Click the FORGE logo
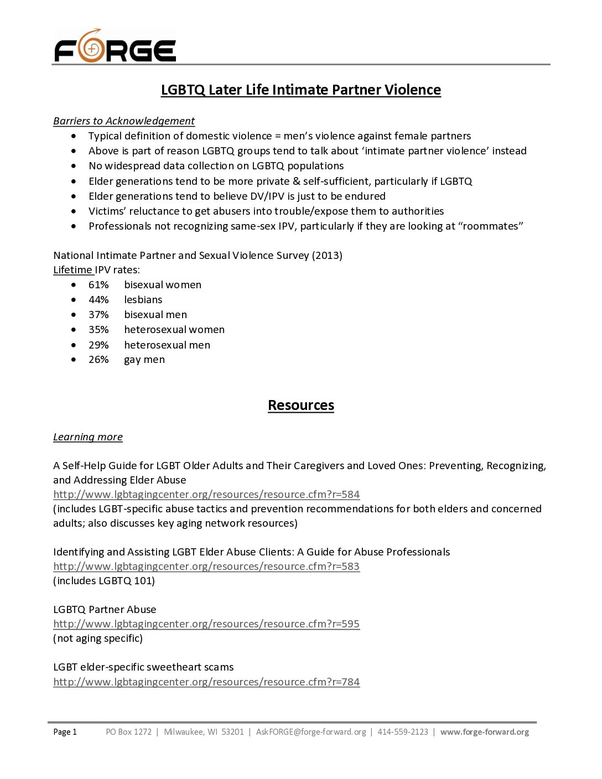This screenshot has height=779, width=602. [115, 46]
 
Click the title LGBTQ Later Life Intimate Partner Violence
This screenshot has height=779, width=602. [300, 90]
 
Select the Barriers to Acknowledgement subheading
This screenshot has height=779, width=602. [124, 121]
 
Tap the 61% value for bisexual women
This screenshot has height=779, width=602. [98, 285]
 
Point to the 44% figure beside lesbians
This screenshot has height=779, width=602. [98, 300]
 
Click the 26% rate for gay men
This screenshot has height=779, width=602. [98, 360]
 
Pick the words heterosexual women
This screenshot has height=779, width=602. [174, 330]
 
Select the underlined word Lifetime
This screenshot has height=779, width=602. [72, 270]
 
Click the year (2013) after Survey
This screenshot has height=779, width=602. [327, 256]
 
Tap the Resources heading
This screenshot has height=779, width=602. [300, 406]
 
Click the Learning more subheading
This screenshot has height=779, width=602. [88, 437]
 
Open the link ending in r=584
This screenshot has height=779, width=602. [206, 495]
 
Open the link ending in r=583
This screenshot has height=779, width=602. [206, 567]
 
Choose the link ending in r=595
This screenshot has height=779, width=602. [206, 624]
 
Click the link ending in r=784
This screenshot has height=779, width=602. [206, 682]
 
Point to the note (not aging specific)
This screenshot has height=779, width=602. [98, 638]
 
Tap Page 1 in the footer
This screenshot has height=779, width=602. [65, 732]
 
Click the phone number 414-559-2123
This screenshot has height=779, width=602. [403, 732]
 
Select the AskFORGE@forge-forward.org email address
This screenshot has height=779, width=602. [311, 732]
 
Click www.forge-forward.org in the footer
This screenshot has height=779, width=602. [485, 732]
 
